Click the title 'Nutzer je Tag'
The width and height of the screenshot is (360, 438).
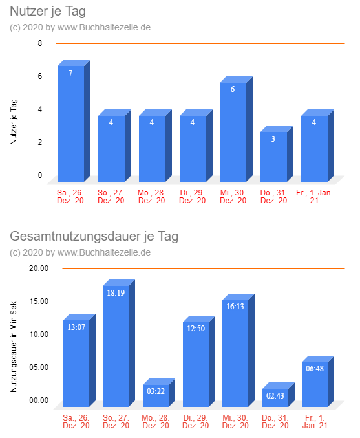pos(48,12)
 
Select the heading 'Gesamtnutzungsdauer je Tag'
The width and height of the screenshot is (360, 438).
pos(94,236)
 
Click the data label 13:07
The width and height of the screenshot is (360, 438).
pos(76,327)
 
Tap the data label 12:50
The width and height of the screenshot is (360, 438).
pos(196,328)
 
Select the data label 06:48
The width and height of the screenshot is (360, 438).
pos(315,368)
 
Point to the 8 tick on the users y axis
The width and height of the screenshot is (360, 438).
pos(40,43)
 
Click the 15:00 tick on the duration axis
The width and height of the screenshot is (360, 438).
pos(39,301)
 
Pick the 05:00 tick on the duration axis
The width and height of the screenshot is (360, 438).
pos(39,367)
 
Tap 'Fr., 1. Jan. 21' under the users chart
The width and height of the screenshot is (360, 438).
pos(314,197)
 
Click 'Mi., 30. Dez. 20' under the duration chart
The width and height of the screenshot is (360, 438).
pos(235,422)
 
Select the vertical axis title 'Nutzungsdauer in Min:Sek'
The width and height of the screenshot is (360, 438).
pos(14,347)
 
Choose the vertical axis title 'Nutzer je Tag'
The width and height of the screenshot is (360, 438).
pos(14,122)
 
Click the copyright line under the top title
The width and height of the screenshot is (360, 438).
pos(80,28)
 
